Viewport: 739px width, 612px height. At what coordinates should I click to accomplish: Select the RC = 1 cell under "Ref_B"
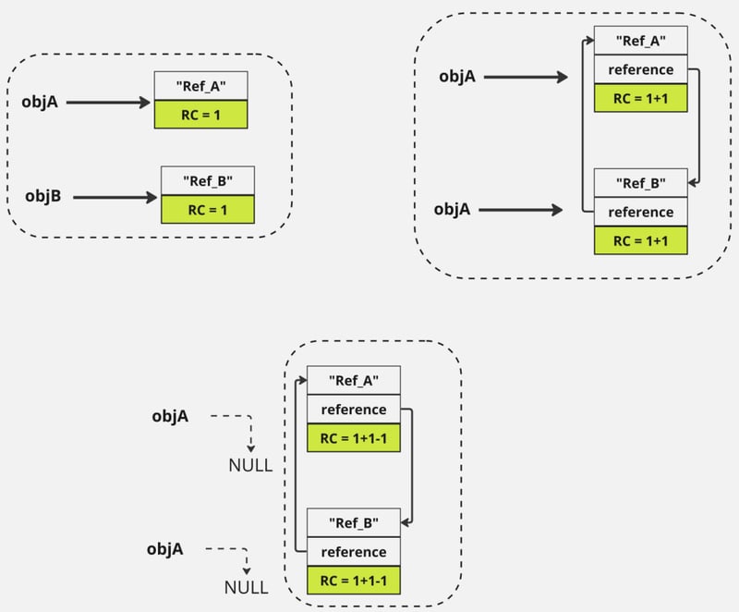[x=207, y=209]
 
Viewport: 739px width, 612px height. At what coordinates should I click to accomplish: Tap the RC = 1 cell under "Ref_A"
[x=201, y=114]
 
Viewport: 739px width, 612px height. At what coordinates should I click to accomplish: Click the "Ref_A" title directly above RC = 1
[x=201, y=86]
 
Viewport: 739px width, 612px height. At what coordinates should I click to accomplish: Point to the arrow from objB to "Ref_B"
[x=115, y=197]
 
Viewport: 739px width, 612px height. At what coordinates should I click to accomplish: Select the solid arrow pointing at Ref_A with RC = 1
[x=109, y=103]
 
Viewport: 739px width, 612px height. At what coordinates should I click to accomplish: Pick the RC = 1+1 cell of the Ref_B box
[x=640, y=240]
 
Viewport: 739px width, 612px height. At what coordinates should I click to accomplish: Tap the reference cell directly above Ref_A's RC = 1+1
[x=640, y=69]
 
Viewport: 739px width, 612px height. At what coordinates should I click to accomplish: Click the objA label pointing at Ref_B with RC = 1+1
[x=453, y=210]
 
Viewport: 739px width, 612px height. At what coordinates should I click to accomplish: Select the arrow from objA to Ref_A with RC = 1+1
[x=525, y=78]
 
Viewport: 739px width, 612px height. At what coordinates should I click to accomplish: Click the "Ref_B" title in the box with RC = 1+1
[x=640, y=182]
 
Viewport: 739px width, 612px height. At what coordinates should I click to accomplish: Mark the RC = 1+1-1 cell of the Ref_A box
[x=354, y=438]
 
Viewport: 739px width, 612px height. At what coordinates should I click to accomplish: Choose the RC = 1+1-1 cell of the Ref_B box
[x=355, y=581]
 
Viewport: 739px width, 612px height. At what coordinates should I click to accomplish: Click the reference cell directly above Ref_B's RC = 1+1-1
[x=355, y=551]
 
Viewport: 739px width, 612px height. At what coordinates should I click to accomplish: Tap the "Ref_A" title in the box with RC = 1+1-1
[x=354, y=380]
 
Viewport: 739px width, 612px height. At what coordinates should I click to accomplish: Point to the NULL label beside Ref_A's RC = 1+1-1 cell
[x=249, y=465]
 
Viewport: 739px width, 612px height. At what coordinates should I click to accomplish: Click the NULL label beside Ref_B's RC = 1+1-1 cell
[x=246, y=587]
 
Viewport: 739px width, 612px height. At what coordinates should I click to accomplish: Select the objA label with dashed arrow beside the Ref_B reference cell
[x=164, y=549]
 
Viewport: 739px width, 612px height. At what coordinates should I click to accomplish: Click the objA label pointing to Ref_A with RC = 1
[x=40, y=102]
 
